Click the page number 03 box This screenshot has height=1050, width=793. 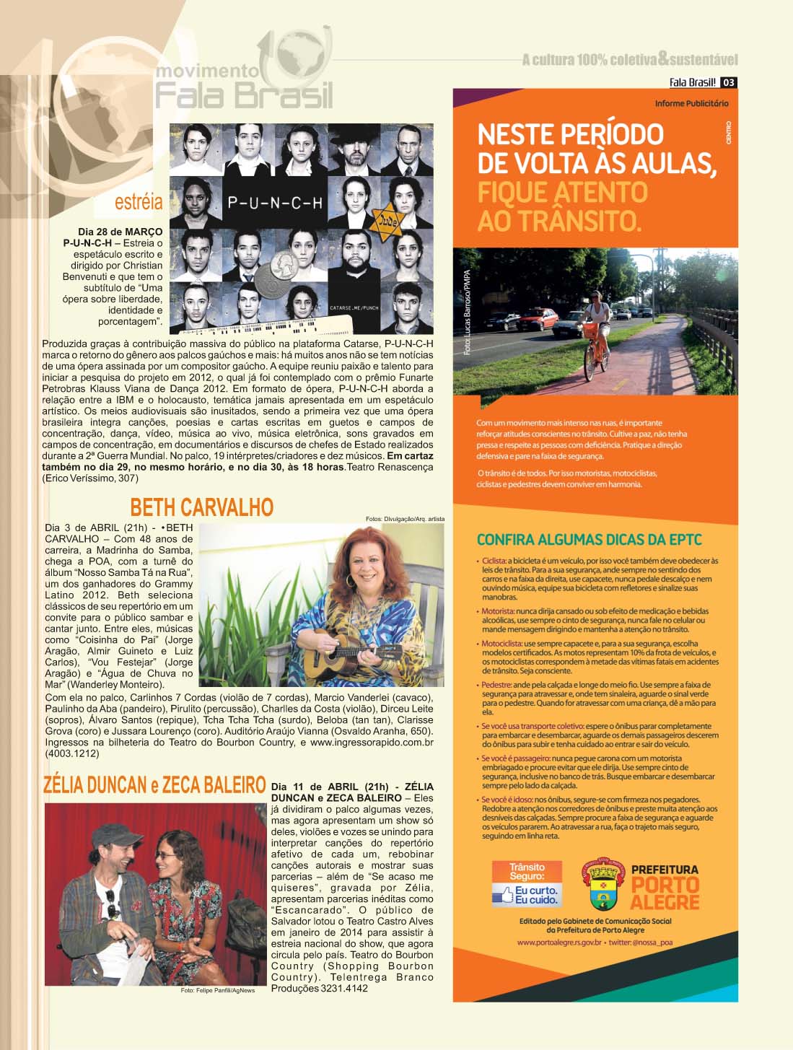tap(729, 82)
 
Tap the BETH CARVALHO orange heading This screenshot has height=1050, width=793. tap(202, 507)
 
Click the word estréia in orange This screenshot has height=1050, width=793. tap(139, 202)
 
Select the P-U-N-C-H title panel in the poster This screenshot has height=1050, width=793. tap(275, 203)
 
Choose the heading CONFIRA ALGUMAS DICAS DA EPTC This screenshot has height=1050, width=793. tap(589, 540)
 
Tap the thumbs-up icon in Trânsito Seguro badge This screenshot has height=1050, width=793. tap(503, 896)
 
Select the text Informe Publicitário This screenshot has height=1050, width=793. tap(691, 103)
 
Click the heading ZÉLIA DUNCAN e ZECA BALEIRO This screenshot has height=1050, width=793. tap(154, 785)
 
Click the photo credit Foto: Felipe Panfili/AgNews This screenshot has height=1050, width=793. tap(217, 990)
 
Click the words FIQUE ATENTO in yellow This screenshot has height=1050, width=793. tap(562, 192)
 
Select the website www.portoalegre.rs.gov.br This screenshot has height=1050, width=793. tap(559, 942)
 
